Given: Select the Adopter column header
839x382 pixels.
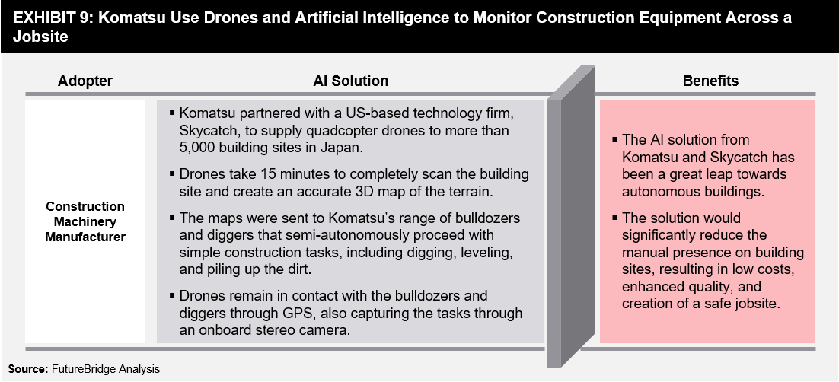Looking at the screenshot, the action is [x=85, y=81].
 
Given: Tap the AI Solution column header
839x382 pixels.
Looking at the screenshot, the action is [x=350, y=81].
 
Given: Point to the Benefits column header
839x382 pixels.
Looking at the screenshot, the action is [x=710, y=81].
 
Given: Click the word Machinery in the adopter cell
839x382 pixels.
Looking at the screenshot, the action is [x=85, y=221].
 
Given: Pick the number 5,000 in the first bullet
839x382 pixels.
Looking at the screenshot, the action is [x=198, y=148].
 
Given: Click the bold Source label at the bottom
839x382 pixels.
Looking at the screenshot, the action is [x=28, y=369].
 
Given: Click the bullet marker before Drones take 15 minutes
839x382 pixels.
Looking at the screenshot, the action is [x=172, y=174].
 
